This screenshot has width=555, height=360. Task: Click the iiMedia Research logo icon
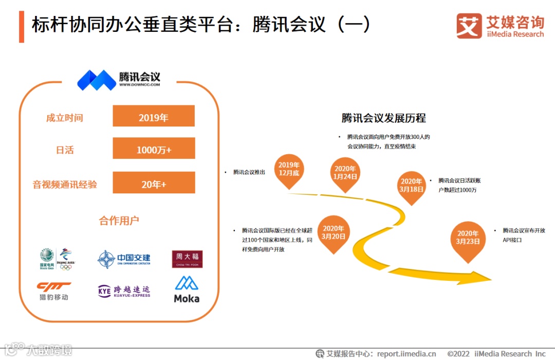[469, 26]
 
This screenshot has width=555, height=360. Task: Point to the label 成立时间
[64, 118]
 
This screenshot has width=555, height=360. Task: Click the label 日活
[65, 150]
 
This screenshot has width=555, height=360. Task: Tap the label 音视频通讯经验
[65, 184]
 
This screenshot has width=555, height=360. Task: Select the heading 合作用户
[119, 221]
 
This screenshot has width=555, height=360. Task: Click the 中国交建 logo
[124, 259]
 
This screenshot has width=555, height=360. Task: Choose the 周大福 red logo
[187, 259]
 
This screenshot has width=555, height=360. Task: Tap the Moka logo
[187, 290]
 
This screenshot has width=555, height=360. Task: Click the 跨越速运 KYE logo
[124, 291]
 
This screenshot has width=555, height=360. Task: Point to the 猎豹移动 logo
[53, 291]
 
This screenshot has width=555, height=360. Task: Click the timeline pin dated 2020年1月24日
[345, 173]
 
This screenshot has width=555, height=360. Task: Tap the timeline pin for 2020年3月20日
[333, 233]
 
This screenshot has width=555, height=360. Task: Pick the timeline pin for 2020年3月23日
[468, 238]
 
